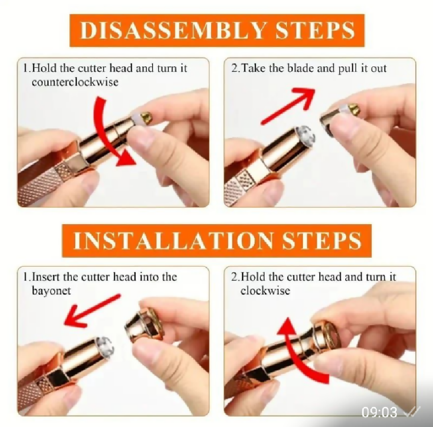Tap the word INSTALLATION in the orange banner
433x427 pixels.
pos(173,240)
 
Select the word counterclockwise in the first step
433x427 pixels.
pos(75,82)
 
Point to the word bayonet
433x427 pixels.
pos(52,291)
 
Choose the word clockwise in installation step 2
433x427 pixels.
pos(265,291)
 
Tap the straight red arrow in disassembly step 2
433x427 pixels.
pos(288,106)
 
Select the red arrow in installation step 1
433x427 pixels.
pos(92,310)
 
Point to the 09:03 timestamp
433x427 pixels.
pos(379,412)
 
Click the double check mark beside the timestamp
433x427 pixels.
pos(412,412)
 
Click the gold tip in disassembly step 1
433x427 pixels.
pos(147,117)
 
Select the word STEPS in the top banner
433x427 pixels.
pos(315,30)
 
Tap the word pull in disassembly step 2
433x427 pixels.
pos(348,69)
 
